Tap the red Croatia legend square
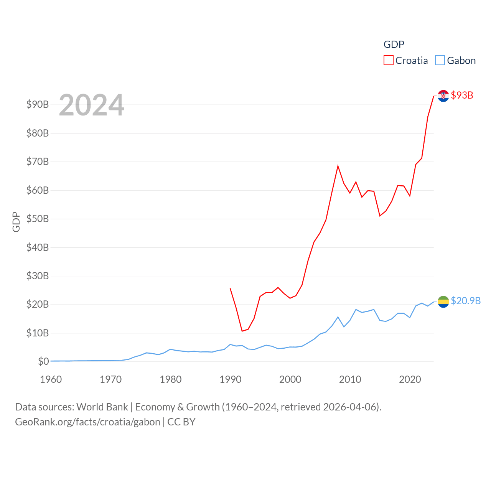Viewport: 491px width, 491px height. click(389, 61)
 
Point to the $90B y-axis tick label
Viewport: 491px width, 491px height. click(38, 104)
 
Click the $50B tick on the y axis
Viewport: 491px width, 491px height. click(38, 219)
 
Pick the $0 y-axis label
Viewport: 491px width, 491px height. click(43, 361)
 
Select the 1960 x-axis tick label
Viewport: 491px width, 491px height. click(51, 379)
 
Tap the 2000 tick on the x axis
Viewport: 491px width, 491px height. click(290, 379)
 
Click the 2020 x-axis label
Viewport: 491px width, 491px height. click(410, 379)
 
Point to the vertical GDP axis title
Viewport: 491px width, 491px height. click(16, 222)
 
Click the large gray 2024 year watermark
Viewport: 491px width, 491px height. click(92, 105)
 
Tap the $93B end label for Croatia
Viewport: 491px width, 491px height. click(462, 95)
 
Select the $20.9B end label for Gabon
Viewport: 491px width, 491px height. click(466, 301)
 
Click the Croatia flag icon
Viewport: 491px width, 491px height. click(443, 96)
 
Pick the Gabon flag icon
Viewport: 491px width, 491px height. click(443, 302)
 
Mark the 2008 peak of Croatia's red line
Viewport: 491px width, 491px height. click(338, 166)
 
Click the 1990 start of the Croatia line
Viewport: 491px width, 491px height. click(230, 288)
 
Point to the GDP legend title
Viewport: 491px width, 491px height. click(394, 44)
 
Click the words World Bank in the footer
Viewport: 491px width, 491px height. click(102, 407)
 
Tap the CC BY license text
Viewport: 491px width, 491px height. click(181, 422)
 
